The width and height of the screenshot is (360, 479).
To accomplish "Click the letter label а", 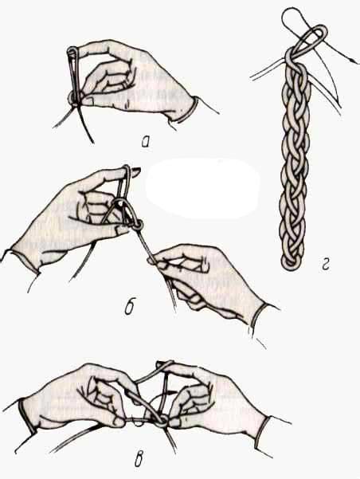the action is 146,142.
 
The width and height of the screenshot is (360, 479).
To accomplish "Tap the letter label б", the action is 131,308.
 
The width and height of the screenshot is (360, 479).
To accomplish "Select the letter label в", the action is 139,460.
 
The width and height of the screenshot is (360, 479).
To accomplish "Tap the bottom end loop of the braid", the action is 292,262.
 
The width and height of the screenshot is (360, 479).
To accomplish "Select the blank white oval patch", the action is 202,188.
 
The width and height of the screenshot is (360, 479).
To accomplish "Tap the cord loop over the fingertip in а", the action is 72,52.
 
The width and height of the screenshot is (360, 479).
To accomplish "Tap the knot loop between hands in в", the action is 161,422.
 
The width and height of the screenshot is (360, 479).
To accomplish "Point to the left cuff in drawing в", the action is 27,415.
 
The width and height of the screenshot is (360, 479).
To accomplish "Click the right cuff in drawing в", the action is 261,431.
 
